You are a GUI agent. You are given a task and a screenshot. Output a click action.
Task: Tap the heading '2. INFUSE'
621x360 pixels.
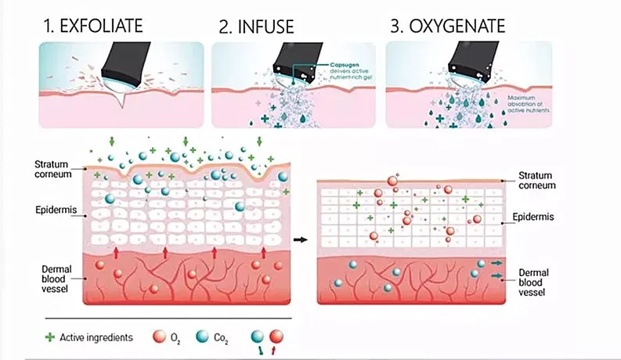(256, 27)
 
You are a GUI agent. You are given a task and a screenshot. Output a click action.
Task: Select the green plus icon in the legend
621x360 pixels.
(51, 338)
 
